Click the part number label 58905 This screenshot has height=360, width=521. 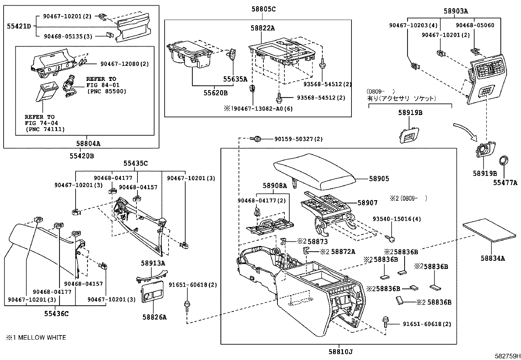(x=379, y=179)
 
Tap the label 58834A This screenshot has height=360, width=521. (x=493, y=258)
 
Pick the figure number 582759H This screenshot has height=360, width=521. (x=507, y=355)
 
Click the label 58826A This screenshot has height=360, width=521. (x=154, y=317)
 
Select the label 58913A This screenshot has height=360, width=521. (x=153, y=263)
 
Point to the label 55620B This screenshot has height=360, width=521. (x=215, y=93)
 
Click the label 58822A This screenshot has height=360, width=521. (x=263, y=28)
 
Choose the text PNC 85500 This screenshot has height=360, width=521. (x=106, y=91)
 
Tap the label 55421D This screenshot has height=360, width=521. (x=19, y=26)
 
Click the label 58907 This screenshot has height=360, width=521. (x=367, y=203)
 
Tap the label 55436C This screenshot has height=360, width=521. (x=56, y=314)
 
